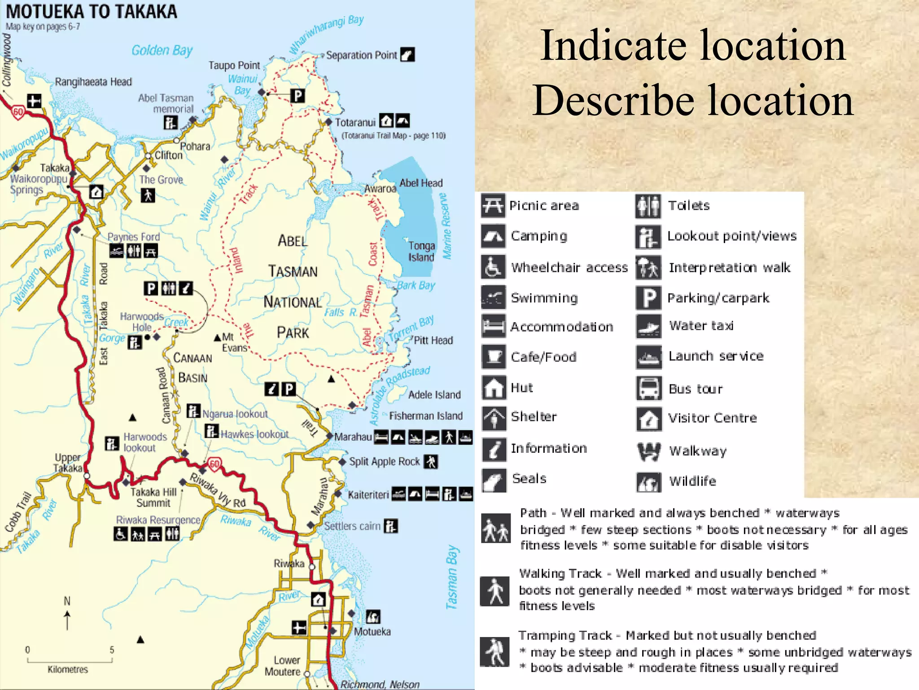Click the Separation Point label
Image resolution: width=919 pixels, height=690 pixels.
click(x=361, y=55)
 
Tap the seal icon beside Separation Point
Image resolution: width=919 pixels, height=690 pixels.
click(x=407, y=55)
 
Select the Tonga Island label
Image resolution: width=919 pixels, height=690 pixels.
click(x=421, y=252)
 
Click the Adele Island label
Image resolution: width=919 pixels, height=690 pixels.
click(x=434, y=395)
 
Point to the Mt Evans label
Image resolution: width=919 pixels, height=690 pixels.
click(x=234, y=342)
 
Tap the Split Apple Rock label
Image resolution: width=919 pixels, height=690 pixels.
click(x=384, y=462)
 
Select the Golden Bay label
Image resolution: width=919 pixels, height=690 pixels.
click(x=162, y=50)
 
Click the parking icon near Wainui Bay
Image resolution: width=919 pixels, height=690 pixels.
click(x=298, y=96)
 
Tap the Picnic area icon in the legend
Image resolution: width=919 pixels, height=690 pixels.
click(x=493, y=206)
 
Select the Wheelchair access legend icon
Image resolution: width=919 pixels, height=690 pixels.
click(x=493, y=267)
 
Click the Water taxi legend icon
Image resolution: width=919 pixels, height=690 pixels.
click(x=648, y=326)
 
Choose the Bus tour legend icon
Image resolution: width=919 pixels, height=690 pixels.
click(x=648, y=389)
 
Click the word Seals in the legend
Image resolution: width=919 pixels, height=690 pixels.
click(x=529, y=479)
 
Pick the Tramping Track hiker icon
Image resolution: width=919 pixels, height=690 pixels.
click(x=495, y=652)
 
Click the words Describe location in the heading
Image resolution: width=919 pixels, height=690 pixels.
click(x=693, y=101)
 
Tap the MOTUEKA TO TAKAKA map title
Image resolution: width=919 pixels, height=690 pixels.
click(x=92, y=12)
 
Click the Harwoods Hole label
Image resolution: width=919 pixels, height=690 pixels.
click(x=142, y=322)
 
